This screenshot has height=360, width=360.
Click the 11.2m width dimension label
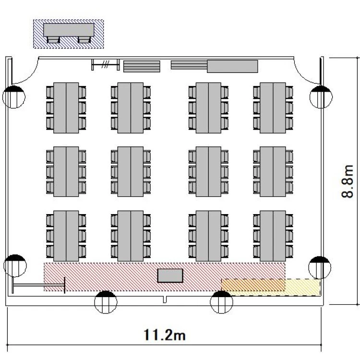point(164,335)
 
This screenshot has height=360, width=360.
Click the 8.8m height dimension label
point(347,181)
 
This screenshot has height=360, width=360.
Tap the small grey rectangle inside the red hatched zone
point(170,276)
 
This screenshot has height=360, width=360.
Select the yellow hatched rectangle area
point(271,287)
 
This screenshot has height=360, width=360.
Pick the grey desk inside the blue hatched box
point(69,30)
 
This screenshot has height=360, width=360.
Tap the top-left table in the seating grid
point(66,108)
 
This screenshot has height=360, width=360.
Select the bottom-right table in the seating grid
point(273,236)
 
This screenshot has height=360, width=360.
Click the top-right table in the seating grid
point(273,108)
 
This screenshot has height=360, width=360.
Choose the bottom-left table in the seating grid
point(66,236)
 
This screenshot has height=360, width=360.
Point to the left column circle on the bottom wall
point(106,302)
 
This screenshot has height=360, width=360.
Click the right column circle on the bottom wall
point(222,302)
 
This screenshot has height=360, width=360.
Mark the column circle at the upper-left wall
point(14,97)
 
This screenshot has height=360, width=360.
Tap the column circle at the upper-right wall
point(321,97)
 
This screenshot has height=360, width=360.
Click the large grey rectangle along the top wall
point(232,66)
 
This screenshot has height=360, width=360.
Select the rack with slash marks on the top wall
point(106,65)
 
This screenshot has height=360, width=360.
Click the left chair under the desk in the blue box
point(53,40)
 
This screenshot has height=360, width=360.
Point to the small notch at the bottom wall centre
point(164,300)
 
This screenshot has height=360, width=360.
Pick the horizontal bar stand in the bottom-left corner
point(38,285)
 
